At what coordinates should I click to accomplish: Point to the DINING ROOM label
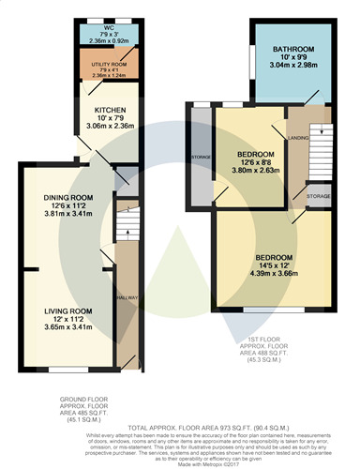click(67, 196)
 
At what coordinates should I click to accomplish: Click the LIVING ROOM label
click(67, 310)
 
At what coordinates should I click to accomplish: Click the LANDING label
click(299, 141)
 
